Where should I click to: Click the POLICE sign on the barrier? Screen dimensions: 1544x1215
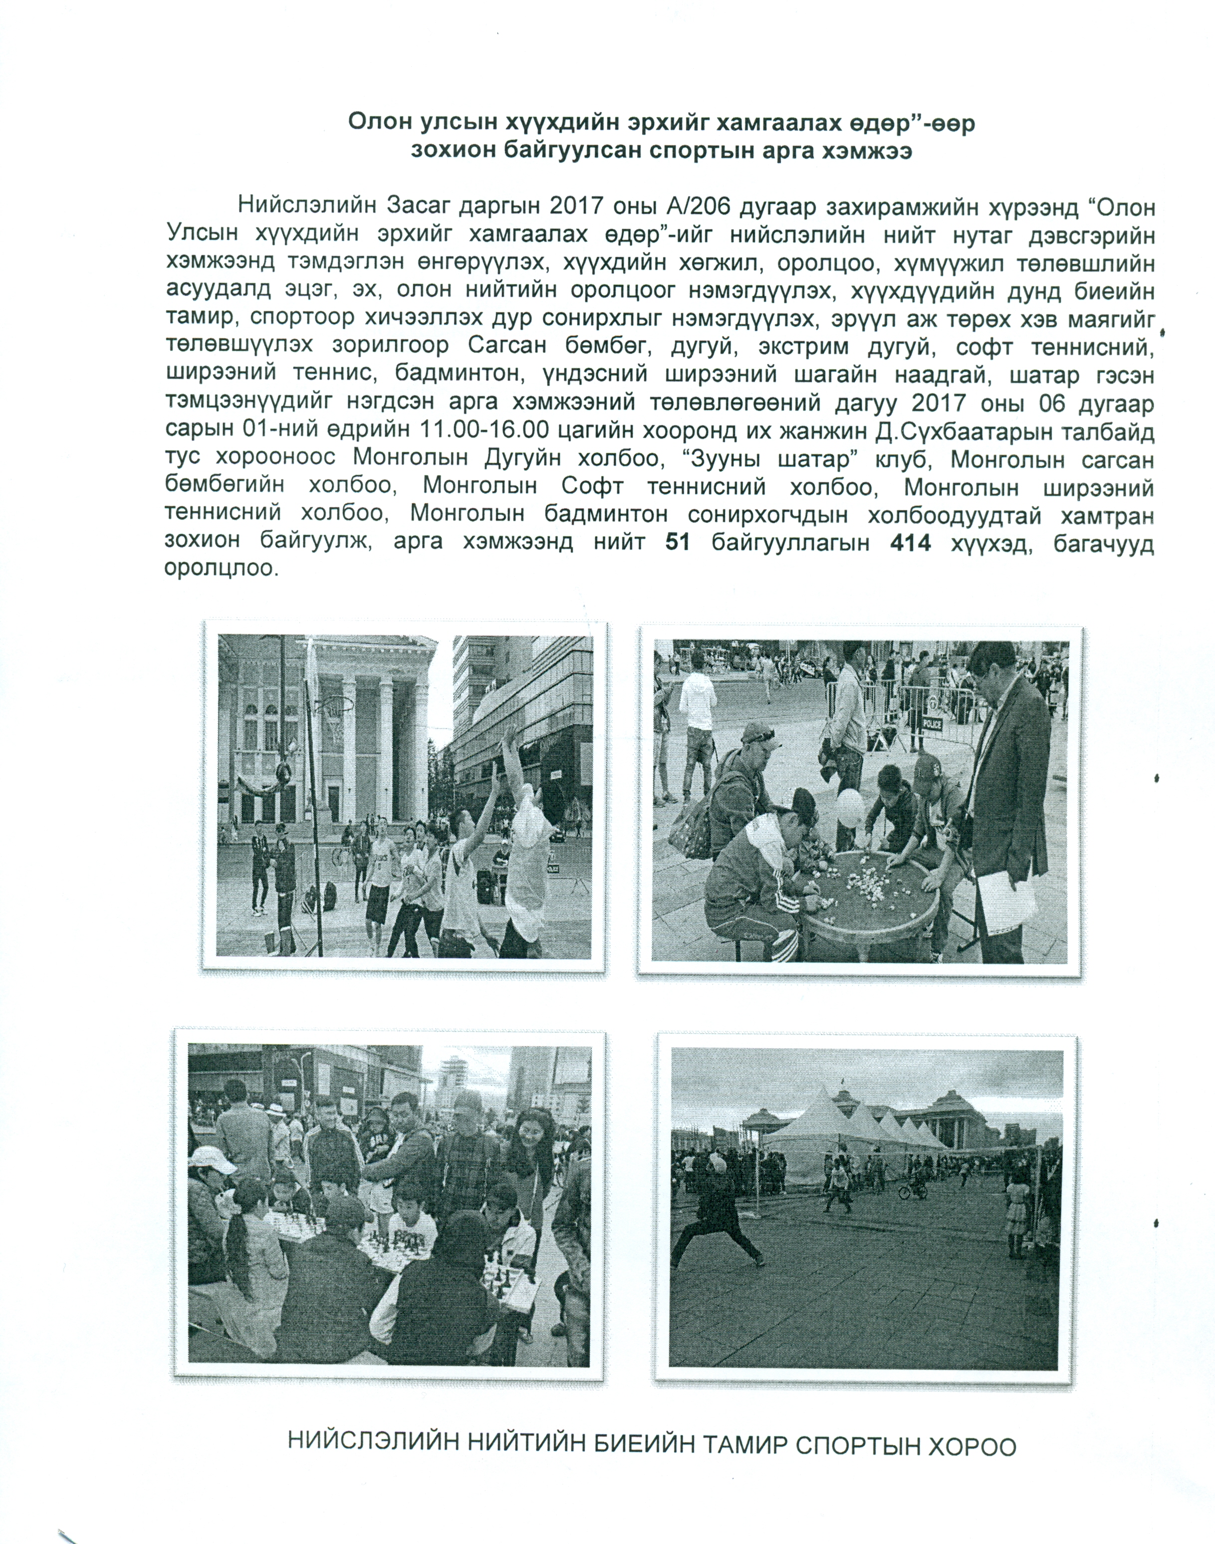coord(931,722)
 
